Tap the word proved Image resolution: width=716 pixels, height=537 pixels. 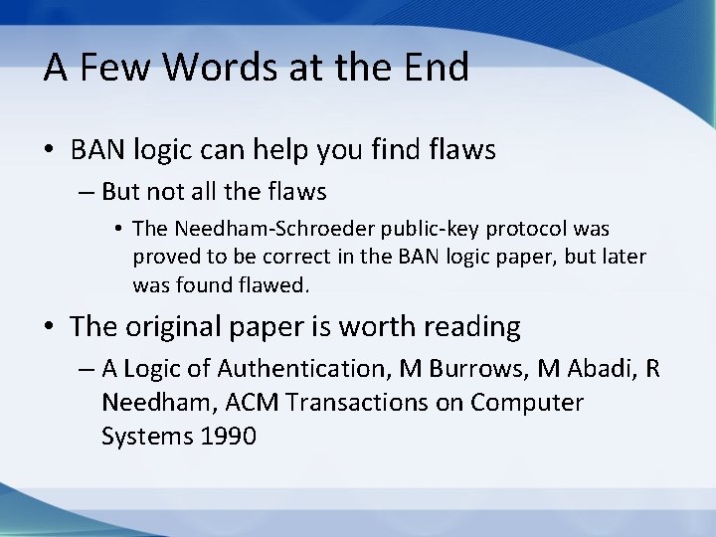(163, 258)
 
